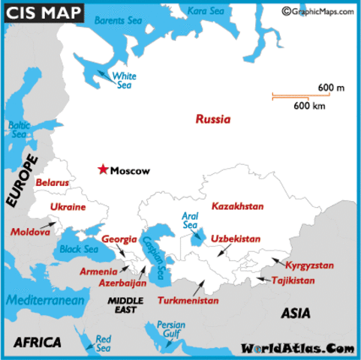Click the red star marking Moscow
103,169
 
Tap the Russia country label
213,119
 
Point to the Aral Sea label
190,220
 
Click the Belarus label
53,182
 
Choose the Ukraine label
68,206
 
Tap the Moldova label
30,232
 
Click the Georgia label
119,239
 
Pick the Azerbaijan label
122,283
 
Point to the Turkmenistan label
188,301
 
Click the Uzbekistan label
235,238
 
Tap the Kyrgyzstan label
309,265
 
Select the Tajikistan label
294,280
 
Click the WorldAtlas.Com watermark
297,349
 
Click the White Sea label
122,80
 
